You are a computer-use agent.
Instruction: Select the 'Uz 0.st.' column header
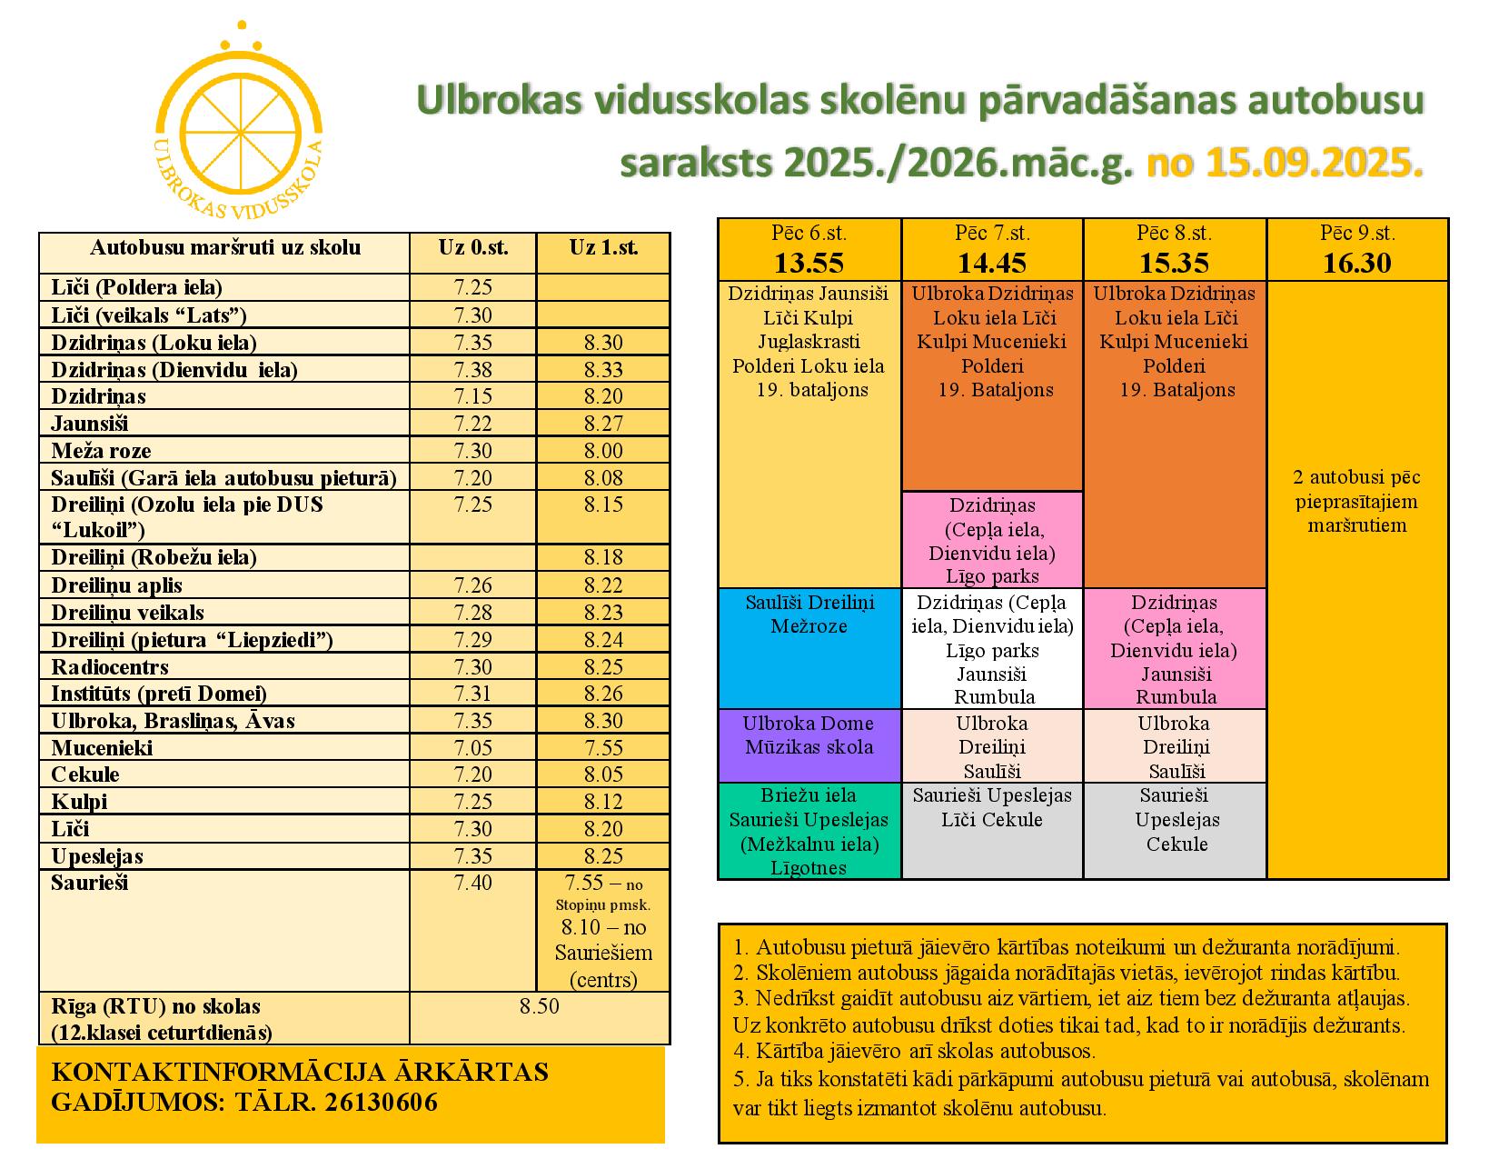point(472,247)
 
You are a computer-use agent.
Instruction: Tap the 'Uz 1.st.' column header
point(603,247)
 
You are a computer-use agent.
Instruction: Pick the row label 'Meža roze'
point(101,451)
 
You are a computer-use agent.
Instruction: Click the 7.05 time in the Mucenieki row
point(472,748)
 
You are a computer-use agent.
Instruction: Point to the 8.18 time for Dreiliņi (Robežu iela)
point(603,557)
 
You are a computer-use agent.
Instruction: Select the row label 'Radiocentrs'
point(110,667)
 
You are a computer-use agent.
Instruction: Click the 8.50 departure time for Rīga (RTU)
point(540,1006)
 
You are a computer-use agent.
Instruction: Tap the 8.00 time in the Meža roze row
point(603,451)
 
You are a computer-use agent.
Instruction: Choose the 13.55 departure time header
point(809,263)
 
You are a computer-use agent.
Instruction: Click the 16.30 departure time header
point(1356,263)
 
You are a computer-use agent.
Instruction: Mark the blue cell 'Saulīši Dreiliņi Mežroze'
point(809,614)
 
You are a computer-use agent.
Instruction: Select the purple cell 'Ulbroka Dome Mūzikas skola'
point(809,735)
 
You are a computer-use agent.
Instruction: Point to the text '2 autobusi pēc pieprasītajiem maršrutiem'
point(1356,501)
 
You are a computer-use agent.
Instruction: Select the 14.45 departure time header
point(992,263)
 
